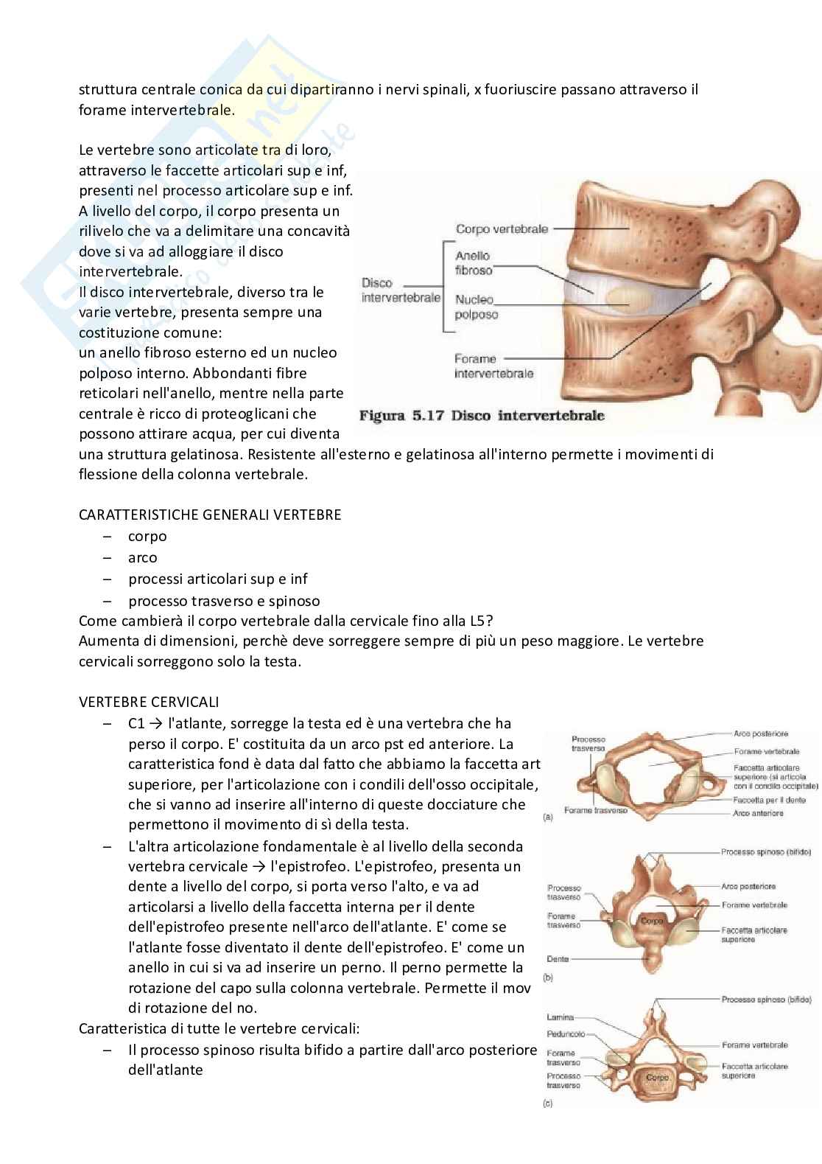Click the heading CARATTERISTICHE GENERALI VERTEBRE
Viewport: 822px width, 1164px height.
tap(210, 515)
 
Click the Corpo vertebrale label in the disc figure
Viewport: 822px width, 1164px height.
tap(502, 229)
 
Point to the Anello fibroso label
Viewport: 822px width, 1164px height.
tap(473, 263)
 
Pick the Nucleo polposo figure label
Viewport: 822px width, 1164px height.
tap(476, 307)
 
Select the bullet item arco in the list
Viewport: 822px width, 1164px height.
tap(142, 558)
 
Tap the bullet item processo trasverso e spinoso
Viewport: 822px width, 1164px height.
tap(224, 601)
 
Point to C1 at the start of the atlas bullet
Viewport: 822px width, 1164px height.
tap(136, 723)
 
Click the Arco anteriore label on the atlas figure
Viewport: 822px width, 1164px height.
tap(758, 813)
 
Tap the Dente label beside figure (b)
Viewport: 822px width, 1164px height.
tap(558, 959)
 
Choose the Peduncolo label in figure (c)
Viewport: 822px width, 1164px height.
tap(566, 1034)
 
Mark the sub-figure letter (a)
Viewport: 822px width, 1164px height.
tap(547, 818)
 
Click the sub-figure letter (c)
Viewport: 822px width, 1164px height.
tap(547, 1104)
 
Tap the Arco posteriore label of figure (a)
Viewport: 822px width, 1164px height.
tap(760, 733)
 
